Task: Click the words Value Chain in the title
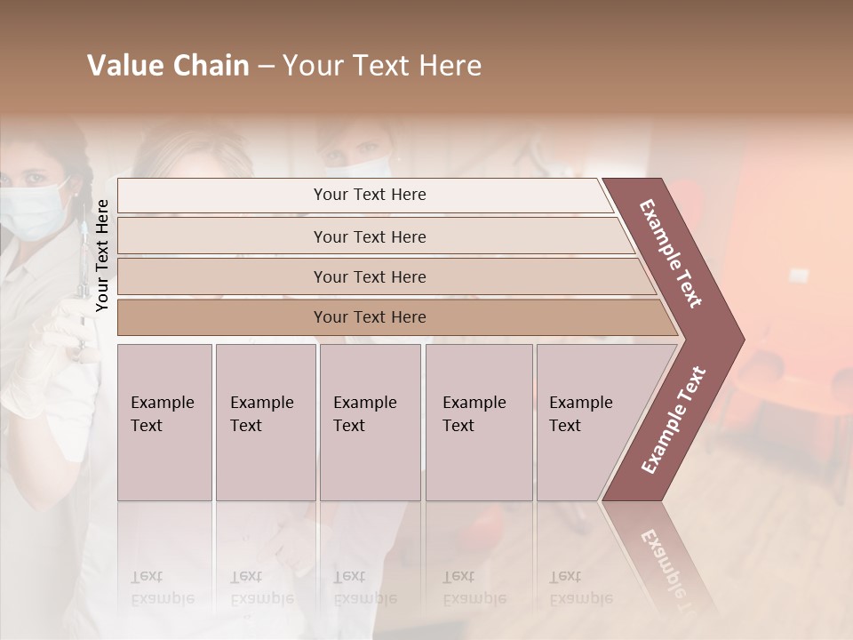click(x=168, y=66)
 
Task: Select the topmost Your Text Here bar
click(x=368, y=195)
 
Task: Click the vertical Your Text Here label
click(x=102, y=255)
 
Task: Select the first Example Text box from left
click(x=164, y=422)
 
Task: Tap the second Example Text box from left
click(x=265, y=422)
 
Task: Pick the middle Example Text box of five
click(x=370, y=422)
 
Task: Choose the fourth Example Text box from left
click(x=479, y=422)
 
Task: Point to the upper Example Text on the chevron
click(x=671, y=253)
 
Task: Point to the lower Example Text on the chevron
click(x=674, y=420)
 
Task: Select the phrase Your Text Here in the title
click(x=382, y=66)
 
